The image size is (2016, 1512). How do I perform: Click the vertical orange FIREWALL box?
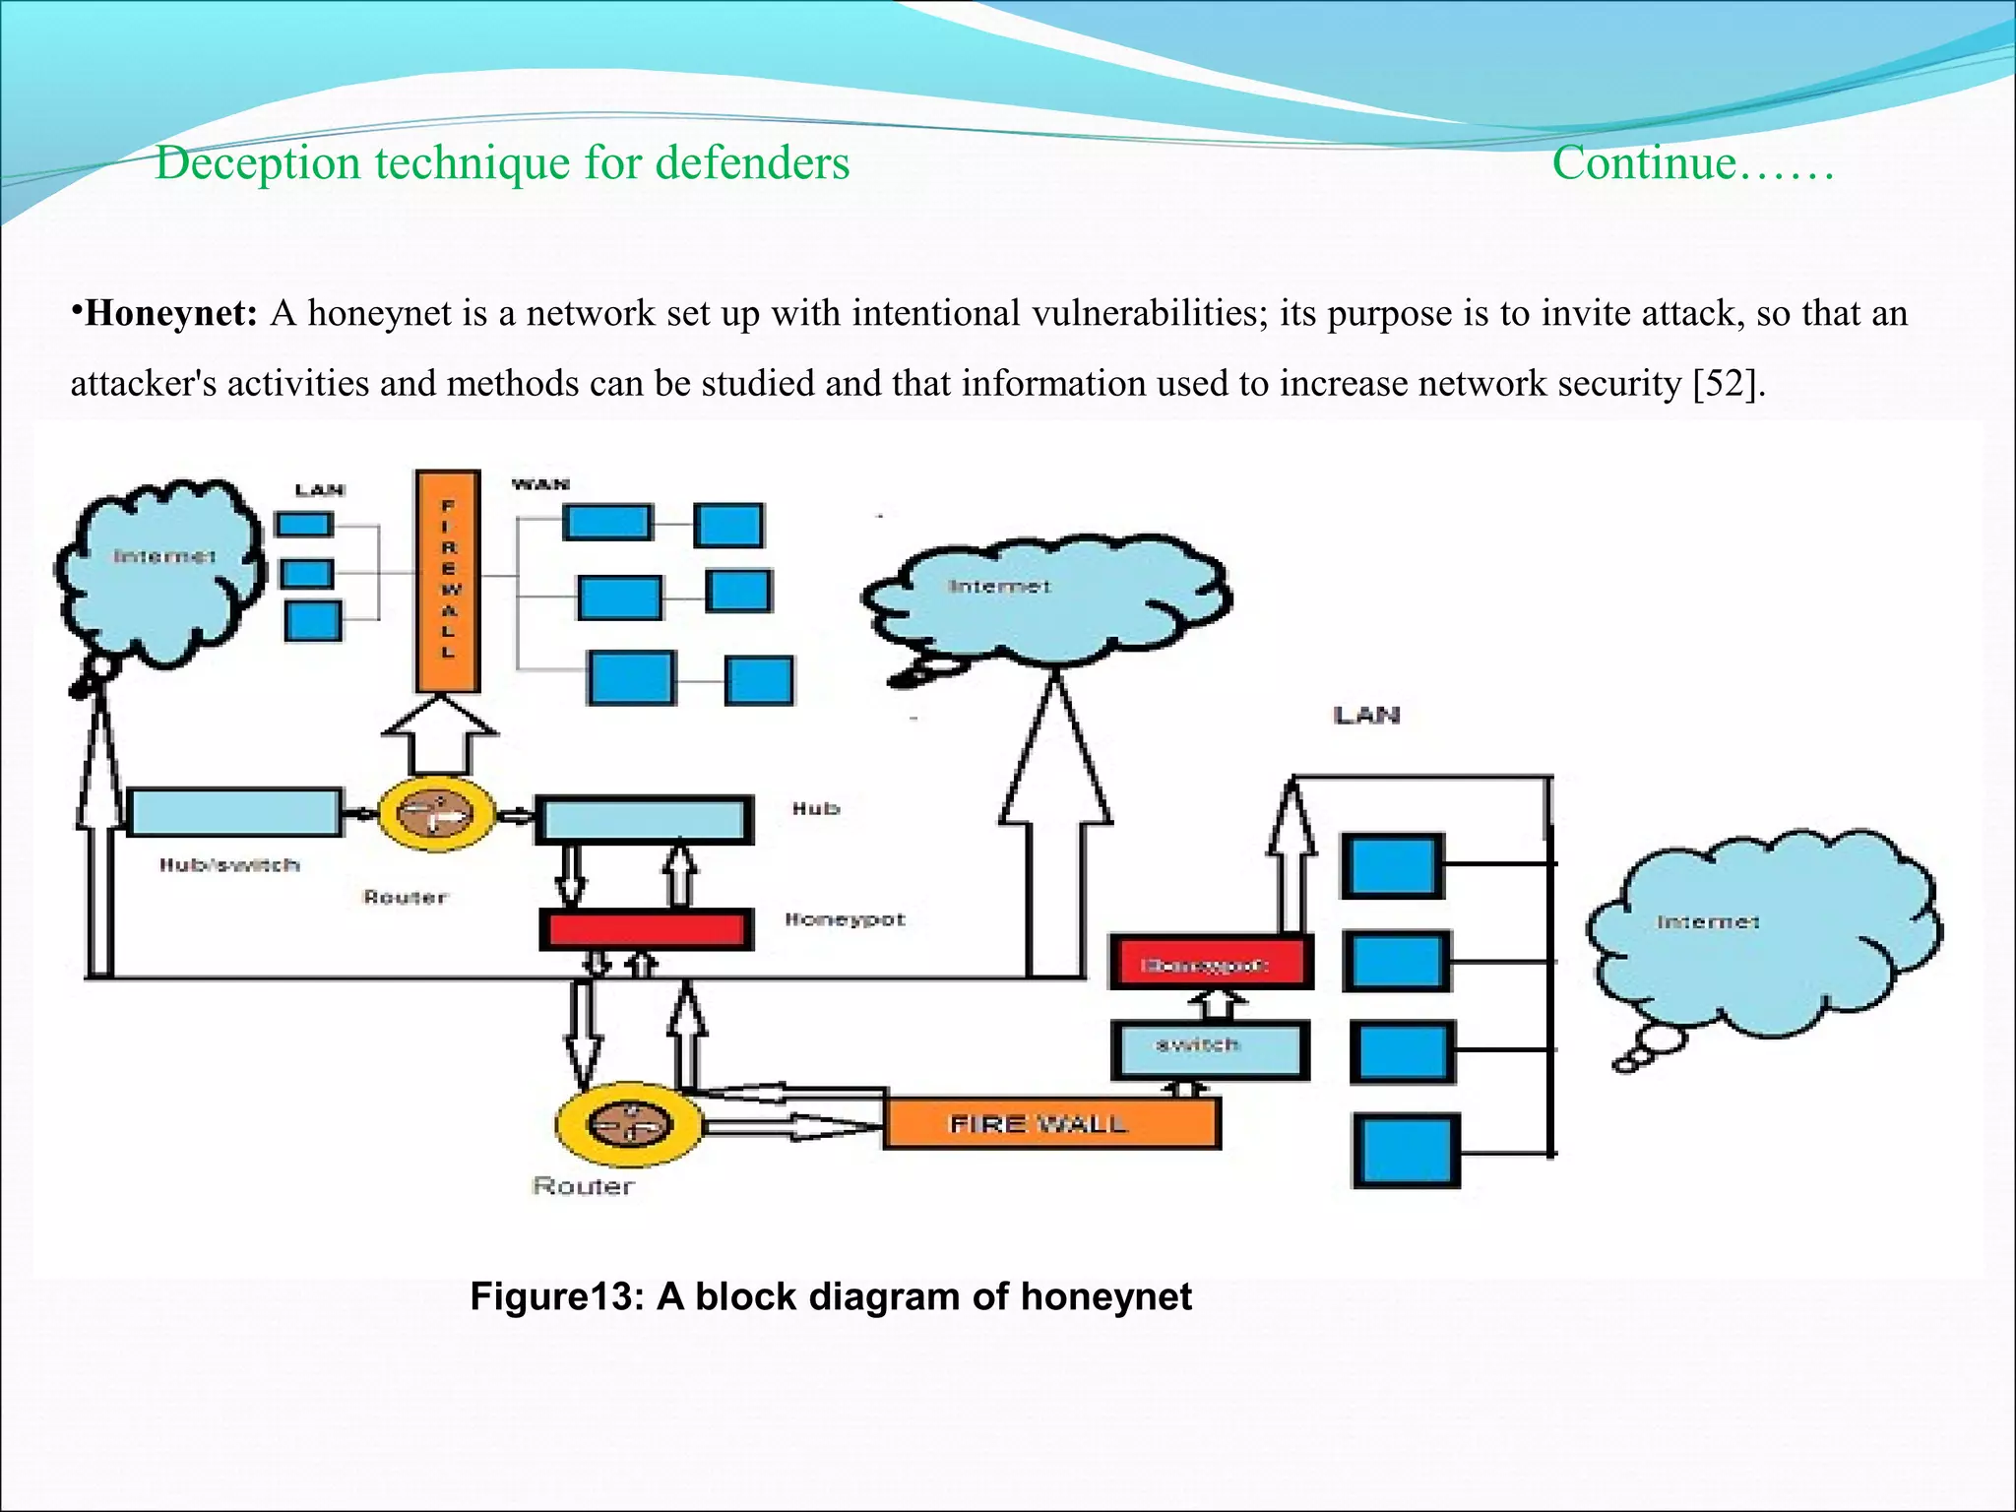click(x=448, y=581)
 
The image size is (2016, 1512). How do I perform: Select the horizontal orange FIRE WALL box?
click(x=1051, y=1123)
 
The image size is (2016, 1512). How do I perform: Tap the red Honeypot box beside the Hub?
click(x=647, y=928)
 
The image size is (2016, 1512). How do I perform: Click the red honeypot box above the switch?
click(x=1211, y=962)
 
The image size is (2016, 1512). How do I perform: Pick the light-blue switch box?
click(x=1210, y=1049)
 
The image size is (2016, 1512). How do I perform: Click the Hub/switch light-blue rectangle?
click(x=234, y=812)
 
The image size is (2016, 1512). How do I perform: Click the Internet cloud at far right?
click(x=1762, y=935)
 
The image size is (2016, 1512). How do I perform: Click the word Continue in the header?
click(x=1644, y=162)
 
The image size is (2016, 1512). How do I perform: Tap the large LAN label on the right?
click(x=1366, y=716)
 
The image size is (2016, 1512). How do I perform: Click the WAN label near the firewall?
click(x=540, y=484)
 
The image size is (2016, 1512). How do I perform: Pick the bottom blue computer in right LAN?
click(x=1406, y=1151)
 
